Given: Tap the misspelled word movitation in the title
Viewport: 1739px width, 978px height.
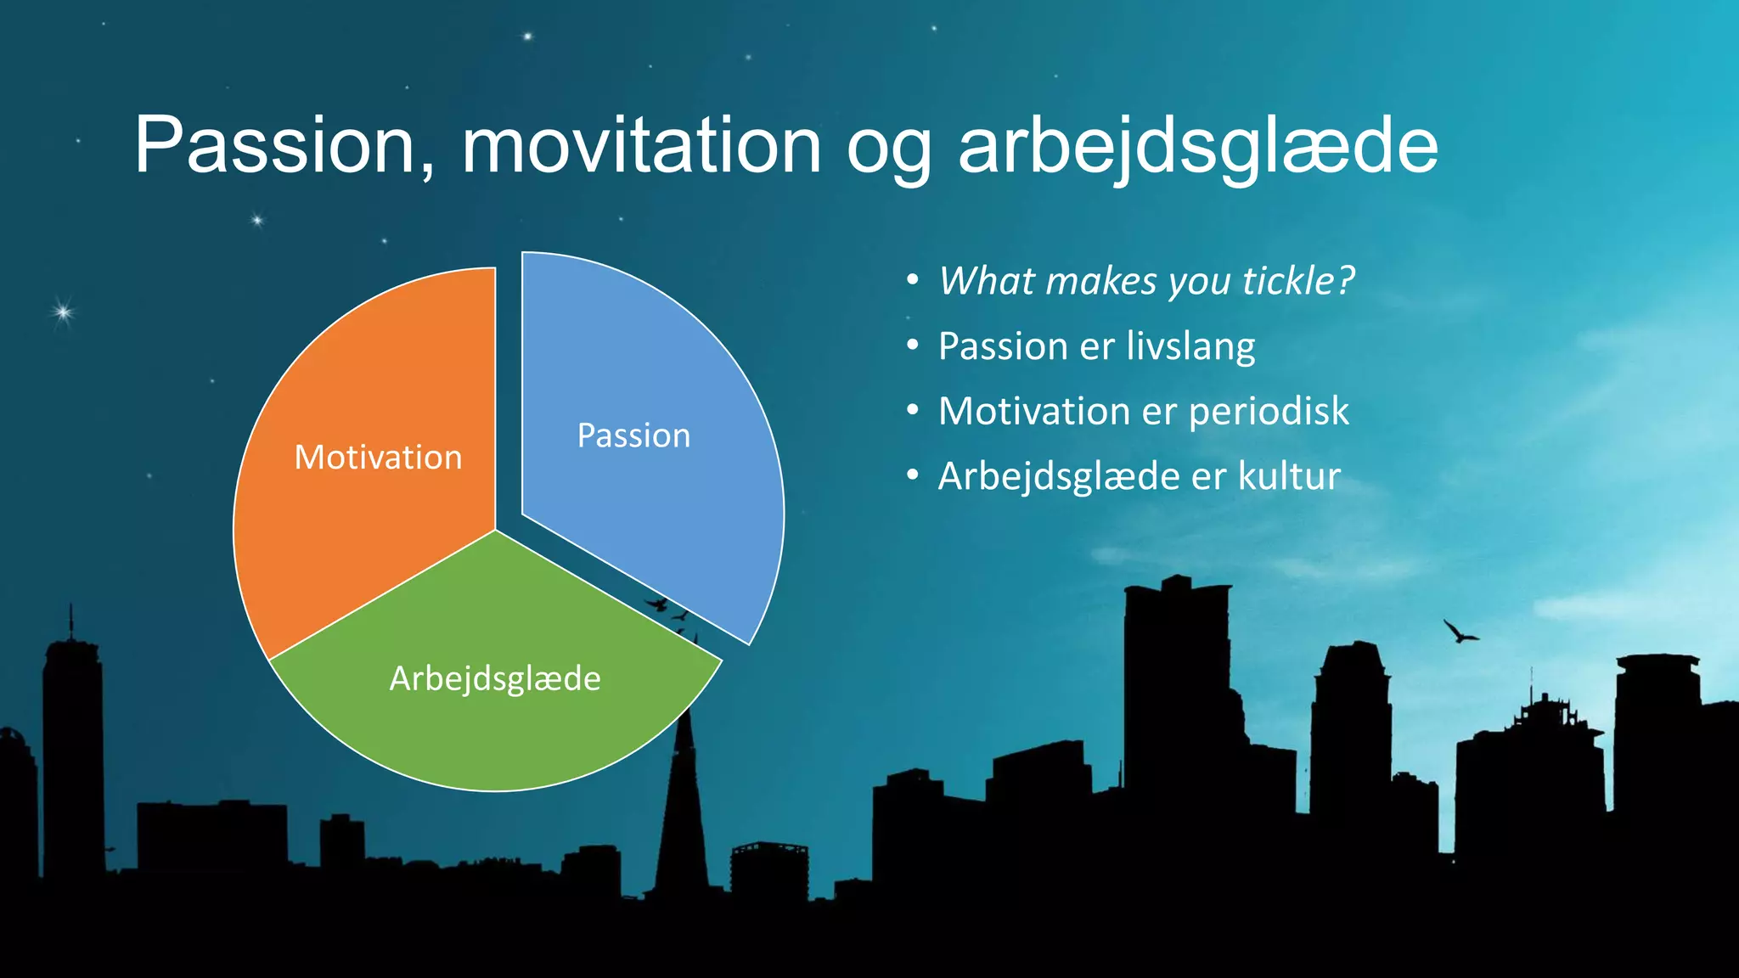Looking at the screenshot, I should coord(641,146).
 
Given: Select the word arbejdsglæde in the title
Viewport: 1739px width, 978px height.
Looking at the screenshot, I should coord(1197,146).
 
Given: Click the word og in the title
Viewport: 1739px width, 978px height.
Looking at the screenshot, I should coord(888,153).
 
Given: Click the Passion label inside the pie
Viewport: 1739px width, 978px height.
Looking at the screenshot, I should coord(633,436).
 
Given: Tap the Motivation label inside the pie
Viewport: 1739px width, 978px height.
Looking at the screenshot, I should coord(378,458).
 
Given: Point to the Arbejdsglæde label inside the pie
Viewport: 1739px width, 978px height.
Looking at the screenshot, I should coord(495,678).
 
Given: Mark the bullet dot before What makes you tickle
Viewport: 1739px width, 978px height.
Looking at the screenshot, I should coord(912,280).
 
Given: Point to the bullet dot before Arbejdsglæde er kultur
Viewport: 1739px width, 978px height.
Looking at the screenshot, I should coord(912,475).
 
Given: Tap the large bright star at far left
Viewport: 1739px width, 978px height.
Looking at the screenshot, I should coord(62,312).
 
